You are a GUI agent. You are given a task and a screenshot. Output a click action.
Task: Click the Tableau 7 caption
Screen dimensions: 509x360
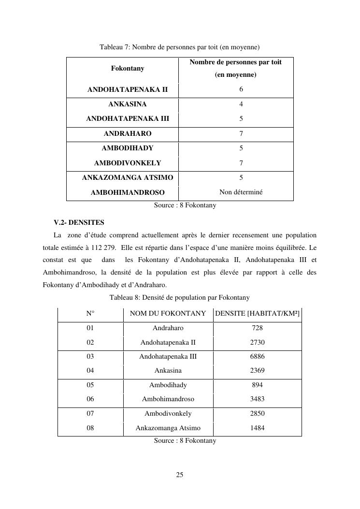180,47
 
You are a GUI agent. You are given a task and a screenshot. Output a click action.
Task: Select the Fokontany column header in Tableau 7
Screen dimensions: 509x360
128,69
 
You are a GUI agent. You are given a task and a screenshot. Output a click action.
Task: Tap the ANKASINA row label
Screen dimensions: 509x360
128,104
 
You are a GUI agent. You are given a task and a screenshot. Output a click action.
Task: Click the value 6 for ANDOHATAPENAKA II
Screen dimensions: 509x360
241,89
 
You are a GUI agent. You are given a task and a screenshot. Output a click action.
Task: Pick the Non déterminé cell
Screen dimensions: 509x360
241,192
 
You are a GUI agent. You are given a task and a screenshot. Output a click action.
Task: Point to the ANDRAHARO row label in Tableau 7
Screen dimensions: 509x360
128,133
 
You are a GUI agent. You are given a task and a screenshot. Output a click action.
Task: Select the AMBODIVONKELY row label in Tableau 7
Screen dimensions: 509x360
128,163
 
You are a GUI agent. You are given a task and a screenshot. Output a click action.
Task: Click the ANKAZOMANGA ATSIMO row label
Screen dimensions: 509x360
128,177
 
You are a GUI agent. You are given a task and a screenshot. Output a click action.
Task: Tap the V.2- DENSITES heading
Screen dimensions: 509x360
79,223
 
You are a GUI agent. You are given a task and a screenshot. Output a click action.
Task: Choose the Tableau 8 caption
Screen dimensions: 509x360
180,297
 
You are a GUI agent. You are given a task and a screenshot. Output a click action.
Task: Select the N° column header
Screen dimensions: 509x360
90,314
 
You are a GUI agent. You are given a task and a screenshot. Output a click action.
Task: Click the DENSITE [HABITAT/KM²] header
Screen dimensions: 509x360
257,314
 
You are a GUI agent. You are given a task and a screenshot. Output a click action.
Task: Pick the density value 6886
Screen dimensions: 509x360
257,357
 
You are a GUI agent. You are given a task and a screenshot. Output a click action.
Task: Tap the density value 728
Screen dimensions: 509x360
257,328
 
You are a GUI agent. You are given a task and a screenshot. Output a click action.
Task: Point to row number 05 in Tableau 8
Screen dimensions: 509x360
90,385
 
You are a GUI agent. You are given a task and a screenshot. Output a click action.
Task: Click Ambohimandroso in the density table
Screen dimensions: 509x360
168,399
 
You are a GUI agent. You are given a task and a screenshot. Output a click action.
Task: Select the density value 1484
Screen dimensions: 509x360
257,428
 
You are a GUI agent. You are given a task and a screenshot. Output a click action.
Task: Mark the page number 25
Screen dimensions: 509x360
180,475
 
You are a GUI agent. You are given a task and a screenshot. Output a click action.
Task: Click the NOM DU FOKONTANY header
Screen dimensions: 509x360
168,314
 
